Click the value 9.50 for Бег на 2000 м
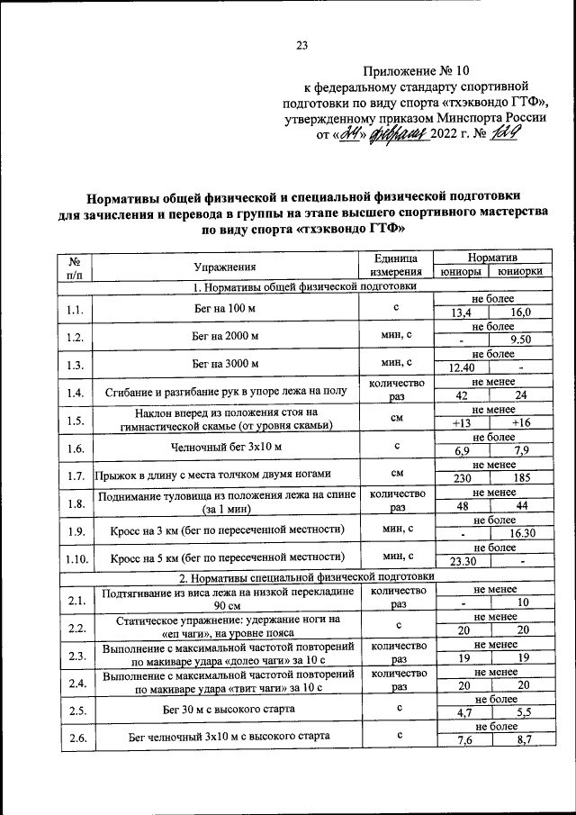pos(519,340)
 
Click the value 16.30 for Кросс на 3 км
pos(519,533)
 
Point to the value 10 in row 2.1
pos(519,602)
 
